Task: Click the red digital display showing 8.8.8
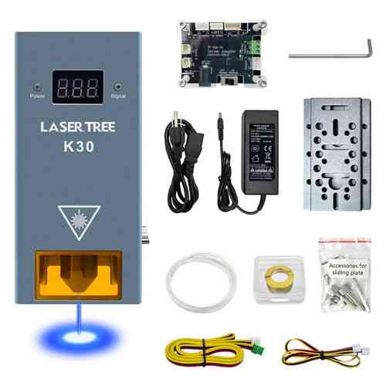coord(76,88)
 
